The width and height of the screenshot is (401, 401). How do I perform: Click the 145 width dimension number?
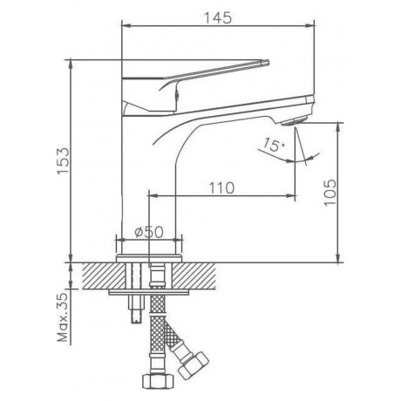coord(218,17)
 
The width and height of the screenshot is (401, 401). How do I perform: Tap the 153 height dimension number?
coord(63,161)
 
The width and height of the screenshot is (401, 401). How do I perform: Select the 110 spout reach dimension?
coord(221,188)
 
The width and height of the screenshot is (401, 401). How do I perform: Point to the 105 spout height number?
coord(330,193)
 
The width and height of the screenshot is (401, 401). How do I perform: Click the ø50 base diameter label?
coord(149,232)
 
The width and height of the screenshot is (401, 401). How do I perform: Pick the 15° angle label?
coord(272,145)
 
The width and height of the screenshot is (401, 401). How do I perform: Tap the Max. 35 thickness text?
coord(62,317)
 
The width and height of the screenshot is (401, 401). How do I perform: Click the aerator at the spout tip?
coord(294,121)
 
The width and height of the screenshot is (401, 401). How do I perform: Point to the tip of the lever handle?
coord(268,62)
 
